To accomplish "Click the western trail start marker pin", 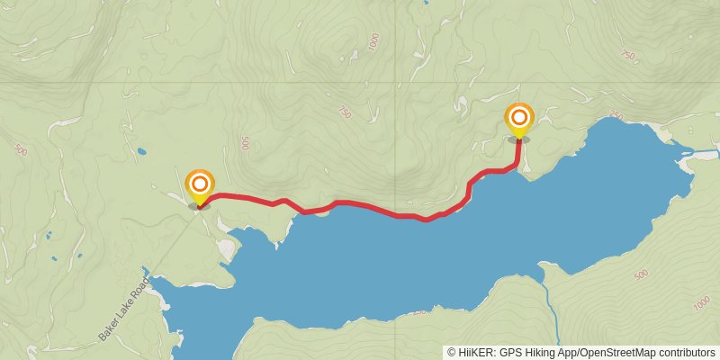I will tap(199, 186).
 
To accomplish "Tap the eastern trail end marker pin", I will tap(518, 119).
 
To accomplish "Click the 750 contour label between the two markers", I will tap(344, 112).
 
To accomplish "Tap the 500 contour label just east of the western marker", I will tap(244, 143).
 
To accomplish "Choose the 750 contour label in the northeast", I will tap(627, 56).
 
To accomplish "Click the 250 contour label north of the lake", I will tap(616, 116).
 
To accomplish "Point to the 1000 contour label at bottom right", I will tap(702, 304).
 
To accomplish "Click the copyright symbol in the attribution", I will tap(453, 352).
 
